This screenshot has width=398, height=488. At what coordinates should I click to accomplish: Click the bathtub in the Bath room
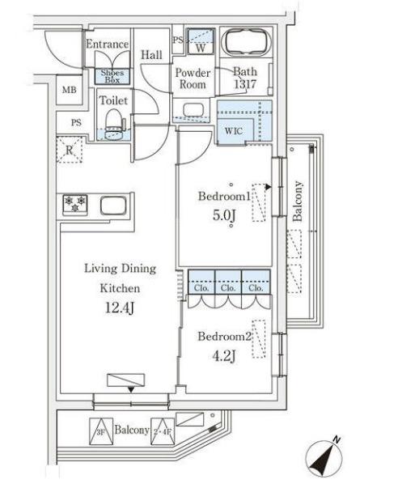click(x=246, y=42)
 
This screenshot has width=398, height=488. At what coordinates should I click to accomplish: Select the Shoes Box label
click(x=112, y=76)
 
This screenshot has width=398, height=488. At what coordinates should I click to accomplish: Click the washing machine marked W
click(x=201, y=41)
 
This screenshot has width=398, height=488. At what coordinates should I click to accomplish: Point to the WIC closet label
click(x=234, y=131)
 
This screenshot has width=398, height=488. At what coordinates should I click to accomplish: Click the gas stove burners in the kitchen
click(x=75, y=205)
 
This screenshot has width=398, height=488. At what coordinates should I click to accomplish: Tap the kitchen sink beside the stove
click(x=113, y=206)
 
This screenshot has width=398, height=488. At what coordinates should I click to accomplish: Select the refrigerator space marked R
click(x=69, y=150)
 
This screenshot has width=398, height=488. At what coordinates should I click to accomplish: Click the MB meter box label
click(x=69, y=90)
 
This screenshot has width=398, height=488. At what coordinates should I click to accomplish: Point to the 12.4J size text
click(x=120, y=308)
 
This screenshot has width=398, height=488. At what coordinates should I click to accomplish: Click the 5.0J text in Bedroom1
click(x=224, y=215)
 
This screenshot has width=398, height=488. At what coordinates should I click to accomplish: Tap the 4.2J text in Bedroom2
click(x=224, y=356)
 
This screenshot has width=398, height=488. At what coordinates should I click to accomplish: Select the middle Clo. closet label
click(x=228, y=288)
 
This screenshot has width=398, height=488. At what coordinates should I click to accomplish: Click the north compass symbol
click(x=324, y=458)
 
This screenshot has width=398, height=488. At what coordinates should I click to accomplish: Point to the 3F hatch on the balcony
click(x=101, y=431)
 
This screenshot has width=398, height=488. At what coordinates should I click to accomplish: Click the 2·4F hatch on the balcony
click(x=163, y=431)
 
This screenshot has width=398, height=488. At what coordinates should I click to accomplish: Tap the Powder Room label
click(x=193, y=79)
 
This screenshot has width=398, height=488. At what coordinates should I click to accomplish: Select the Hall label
click(x=151, y=55)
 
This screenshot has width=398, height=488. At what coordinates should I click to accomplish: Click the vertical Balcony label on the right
click(x=298, y=201)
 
